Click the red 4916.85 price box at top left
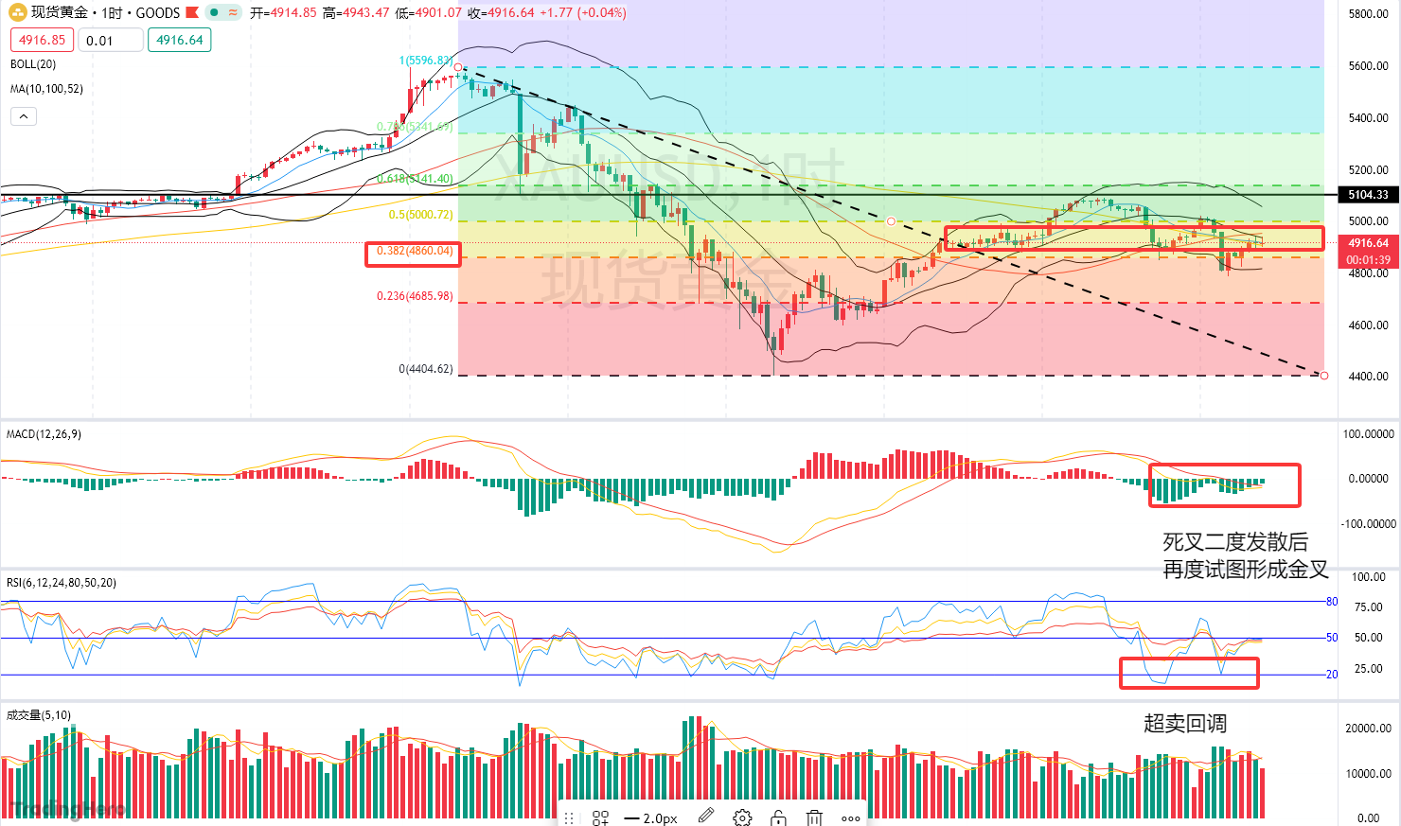click(42, 40)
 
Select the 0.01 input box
click(110, 40)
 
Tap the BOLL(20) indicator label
click(33, 64)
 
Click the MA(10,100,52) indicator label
click(46, 89)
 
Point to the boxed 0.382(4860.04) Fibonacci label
click(414, 253)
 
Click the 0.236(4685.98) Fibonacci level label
click(415, 296)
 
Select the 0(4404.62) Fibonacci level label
click(425, 369)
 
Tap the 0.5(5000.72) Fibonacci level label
click(420, 215)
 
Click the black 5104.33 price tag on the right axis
click(1368, 195)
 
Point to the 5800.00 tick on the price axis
click(1368, 14)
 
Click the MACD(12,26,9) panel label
click(44, 434)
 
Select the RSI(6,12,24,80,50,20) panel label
click(62, 583)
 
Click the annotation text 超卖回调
click(1185, 724)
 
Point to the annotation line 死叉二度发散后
click(1235, 542)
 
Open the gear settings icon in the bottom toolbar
click(742, 817)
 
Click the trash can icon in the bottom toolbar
click(814, 817)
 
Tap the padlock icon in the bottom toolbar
click(778, 817)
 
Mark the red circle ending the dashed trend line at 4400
click(1324, 376)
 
